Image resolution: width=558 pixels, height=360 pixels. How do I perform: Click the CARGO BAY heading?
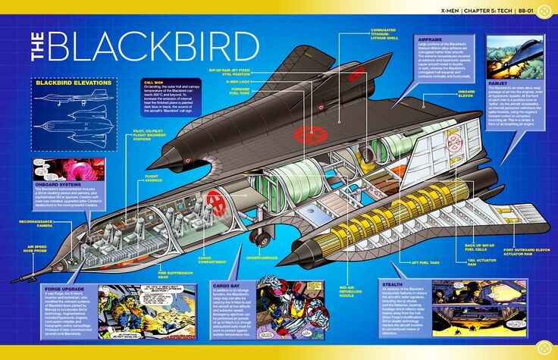coord(227,286)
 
